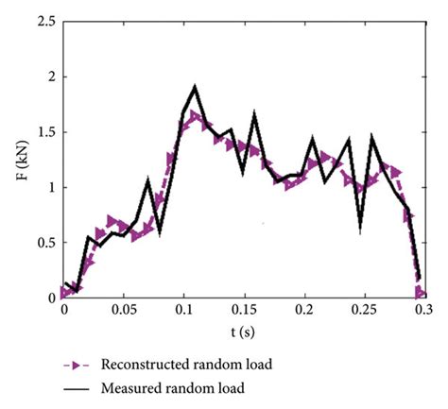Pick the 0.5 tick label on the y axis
42,242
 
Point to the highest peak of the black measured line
196,87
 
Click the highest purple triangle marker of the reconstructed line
196,116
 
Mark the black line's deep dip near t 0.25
360,228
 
